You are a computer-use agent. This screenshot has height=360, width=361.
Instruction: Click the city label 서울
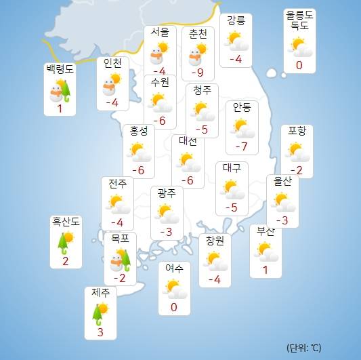click(161, 33)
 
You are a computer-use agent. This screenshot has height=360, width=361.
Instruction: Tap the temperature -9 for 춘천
click(198, 71)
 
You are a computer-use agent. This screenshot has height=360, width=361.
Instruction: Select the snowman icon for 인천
click(112, 84)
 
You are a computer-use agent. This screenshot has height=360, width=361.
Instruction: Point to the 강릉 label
click(236, 20)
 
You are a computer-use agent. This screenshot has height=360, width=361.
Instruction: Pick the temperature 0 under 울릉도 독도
click(299, 66)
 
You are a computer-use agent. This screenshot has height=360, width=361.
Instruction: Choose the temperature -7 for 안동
click(241, 147)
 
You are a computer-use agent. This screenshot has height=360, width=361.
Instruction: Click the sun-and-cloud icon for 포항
click(297, 149)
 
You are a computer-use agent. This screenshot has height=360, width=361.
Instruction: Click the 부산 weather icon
click(266, 251)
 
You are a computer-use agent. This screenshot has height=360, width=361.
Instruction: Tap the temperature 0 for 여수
click(174, 308)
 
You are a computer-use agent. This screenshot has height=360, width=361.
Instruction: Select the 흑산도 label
click(66, 221)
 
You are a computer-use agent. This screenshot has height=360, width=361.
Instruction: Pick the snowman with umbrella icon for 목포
click(120, 259)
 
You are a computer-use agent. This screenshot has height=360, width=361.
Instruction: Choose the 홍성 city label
click(139, 132)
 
